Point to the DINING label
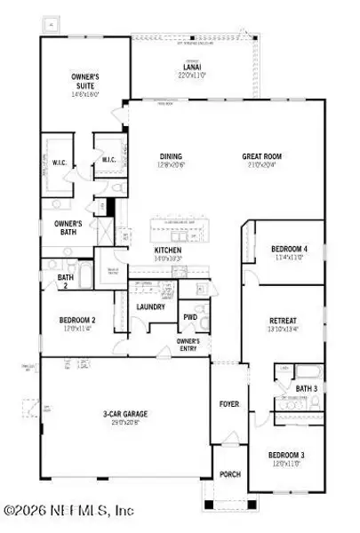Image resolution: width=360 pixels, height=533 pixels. [x=171, y=157]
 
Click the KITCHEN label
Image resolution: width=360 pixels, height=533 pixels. [x=167, y=251]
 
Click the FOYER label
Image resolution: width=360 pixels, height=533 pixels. [x=229, y=404]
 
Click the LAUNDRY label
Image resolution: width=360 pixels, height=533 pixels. [x=150, y=307]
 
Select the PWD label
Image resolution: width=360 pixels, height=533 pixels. [x=190, y=317]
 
